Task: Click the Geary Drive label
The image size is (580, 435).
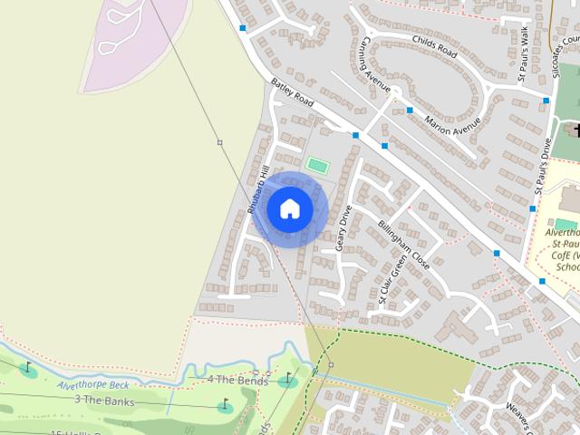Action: click(x=344, y=227)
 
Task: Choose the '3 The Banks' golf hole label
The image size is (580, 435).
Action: click(x=103, y=400)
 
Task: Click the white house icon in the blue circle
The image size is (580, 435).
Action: click(x=290, y=208)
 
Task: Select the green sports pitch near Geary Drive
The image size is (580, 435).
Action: click(x=316, y=165)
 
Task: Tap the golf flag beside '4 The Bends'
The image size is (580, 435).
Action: click(x=288, y=378)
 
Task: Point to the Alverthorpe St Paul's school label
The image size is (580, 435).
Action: click(x=562, y=249)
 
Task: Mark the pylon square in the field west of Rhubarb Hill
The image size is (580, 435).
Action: click(x=219, y=142)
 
